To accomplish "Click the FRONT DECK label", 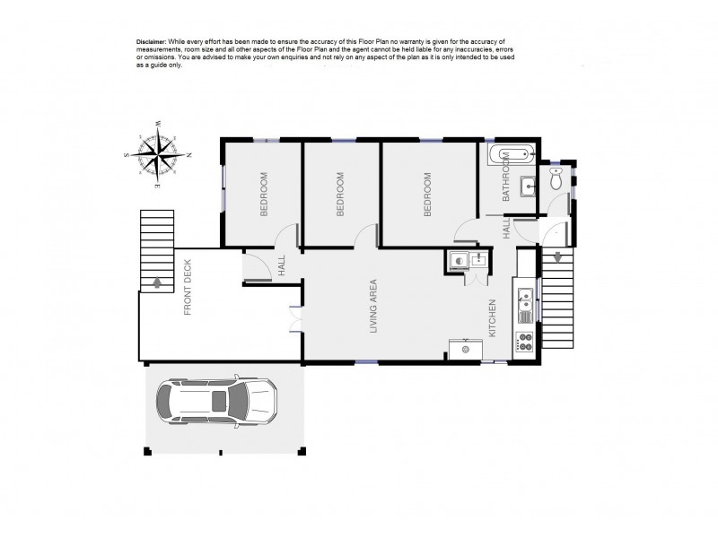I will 188,295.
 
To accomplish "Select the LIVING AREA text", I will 374,308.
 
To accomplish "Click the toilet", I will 556,180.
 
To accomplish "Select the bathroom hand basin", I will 529,187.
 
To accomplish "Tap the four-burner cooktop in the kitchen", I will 524,341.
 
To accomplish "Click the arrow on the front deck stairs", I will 158,282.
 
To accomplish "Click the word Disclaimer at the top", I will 152,42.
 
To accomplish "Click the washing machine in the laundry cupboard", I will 459,261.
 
